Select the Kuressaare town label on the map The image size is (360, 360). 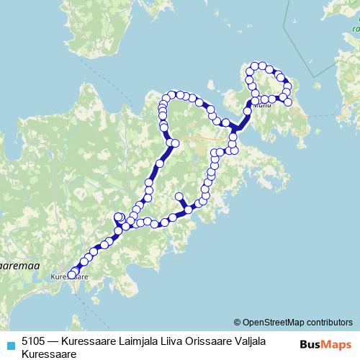[71, 276]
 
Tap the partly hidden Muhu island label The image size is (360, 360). [264, 105]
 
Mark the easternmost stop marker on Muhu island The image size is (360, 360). [289, 102]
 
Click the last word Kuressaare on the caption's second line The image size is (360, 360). [49, 354]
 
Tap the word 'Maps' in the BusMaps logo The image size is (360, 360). [336, 344]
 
